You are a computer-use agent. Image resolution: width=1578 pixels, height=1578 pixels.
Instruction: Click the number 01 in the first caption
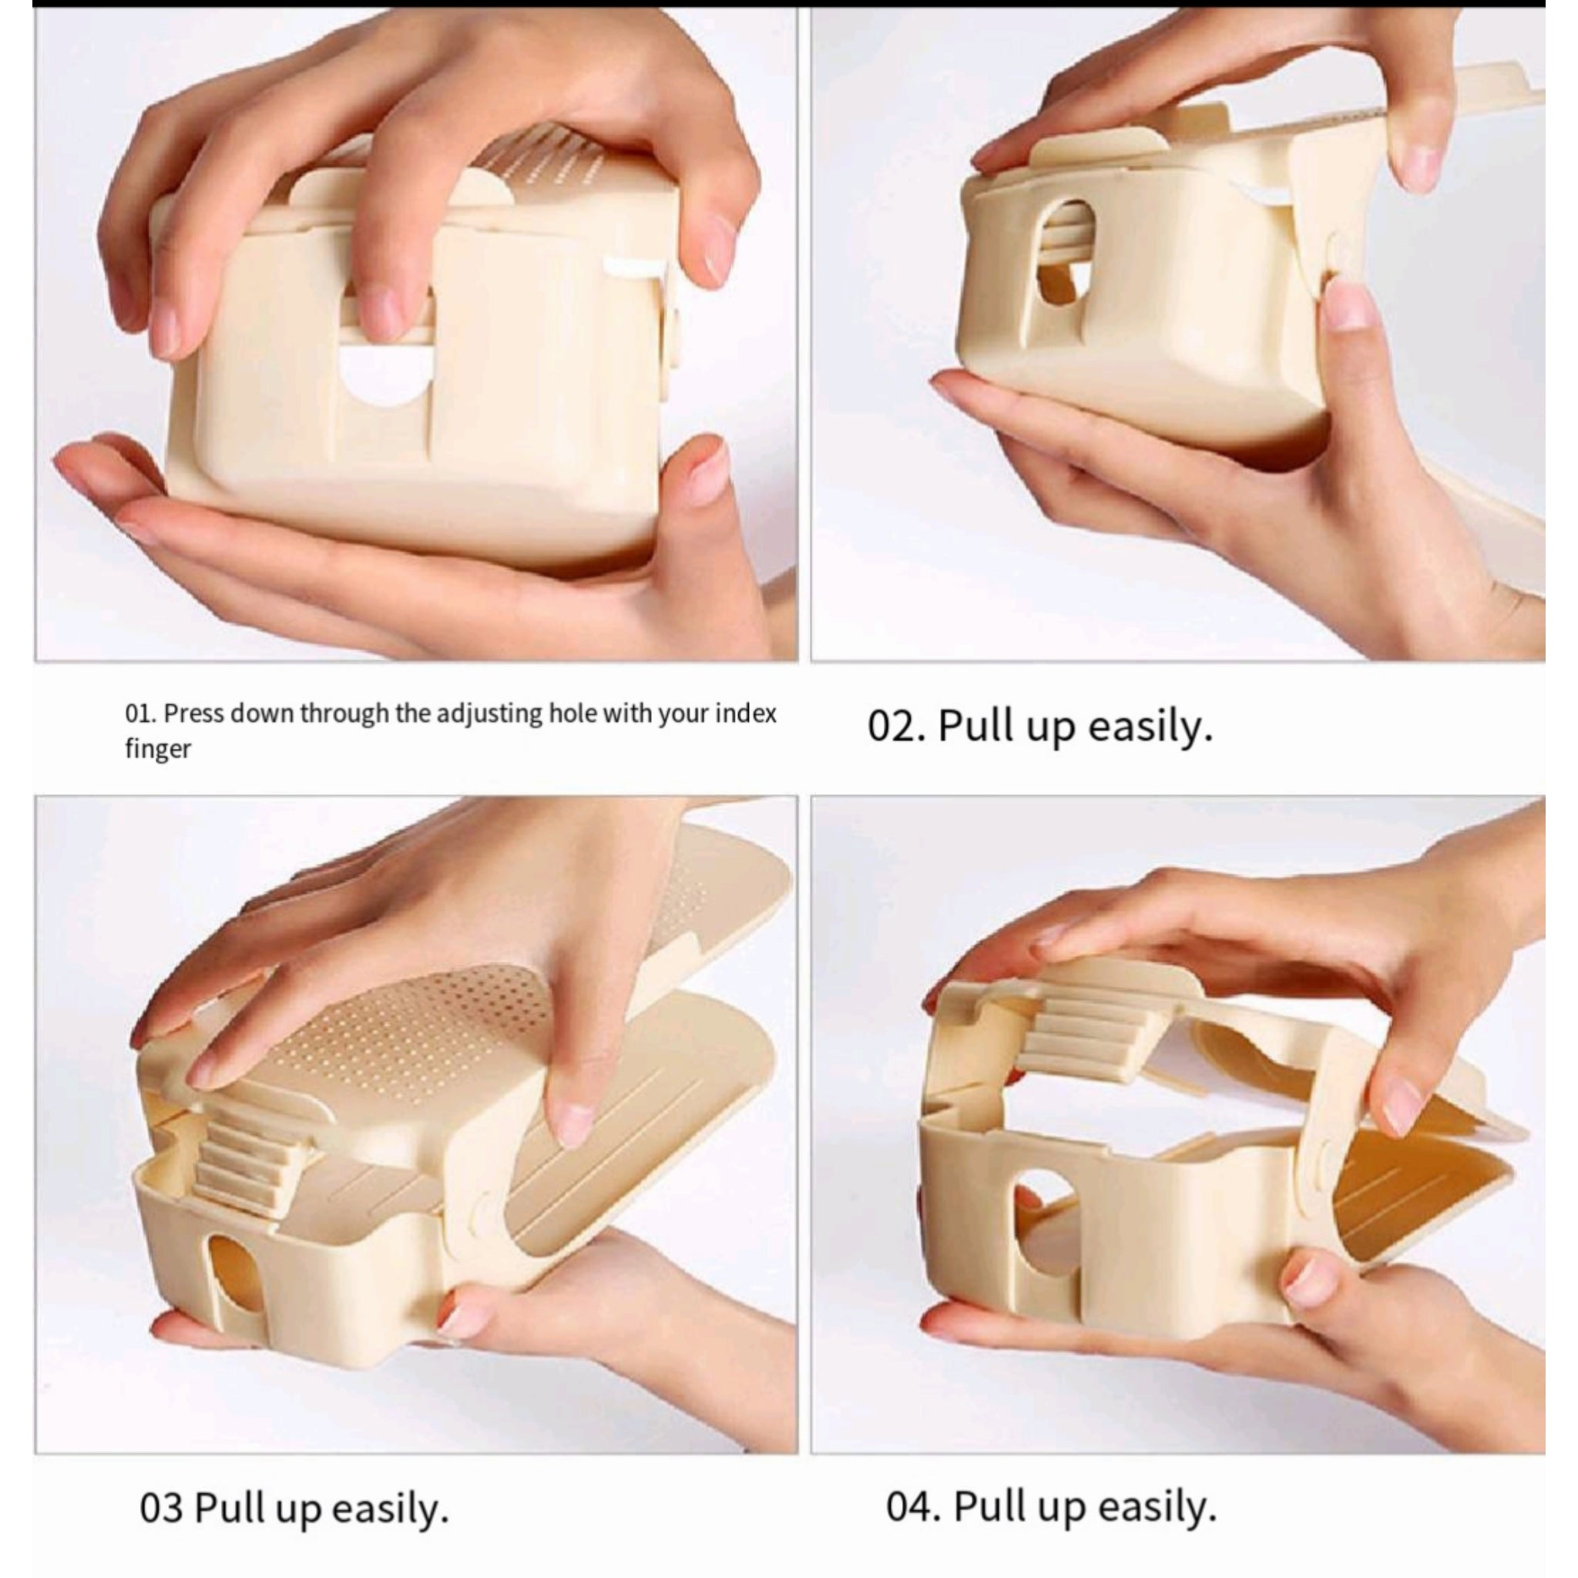139,713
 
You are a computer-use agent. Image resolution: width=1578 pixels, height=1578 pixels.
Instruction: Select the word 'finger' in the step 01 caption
158,749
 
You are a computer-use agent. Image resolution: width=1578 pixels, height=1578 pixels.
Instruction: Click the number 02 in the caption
893,725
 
